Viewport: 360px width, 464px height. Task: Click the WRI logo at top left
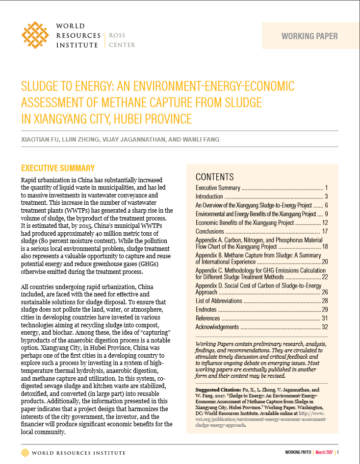point(35,35)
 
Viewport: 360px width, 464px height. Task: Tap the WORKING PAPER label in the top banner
point(309,36)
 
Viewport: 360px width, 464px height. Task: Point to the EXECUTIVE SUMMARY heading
point(58,168)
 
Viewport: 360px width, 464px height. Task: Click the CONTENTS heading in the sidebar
point(215,177)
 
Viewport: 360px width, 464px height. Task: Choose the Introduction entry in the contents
point(209,196)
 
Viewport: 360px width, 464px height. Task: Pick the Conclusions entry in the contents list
point(210,231)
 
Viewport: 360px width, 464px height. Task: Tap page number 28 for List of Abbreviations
point(324,300)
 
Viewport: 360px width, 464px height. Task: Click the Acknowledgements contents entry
point(217,327)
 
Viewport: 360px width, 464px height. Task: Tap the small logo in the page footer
point(25,452)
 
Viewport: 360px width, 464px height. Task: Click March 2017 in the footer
point(324,452)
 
